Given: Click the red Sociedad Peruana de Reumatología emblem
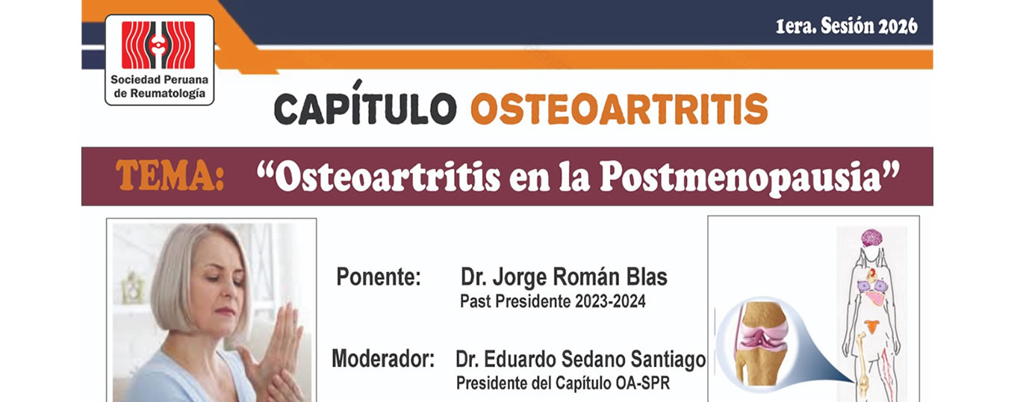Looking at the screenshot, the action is (x=158, y=45).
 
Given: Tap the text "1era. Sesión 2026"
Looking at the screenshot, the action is (x=847, y=26).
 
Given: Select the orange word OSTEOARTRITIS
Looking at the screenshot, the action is (x=619, y=108).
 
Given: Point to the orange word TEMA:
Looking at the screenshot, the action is (x=170, y=176).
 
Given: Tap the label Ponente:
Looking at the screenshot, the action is (x=379, y=276).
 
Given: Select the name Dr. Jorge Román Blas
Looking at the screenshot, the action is (x=564, y=277).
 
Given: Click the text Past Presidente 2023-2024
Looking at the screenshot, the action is (x=553, y=301).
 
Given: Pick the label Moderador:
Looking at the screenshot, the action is (x=383, y=359).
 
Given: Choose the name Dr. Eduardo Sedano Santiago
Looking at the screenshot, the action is (x=581, y=359).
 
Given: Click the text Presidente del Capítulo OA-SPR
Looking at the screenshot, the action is (x=563, y=383).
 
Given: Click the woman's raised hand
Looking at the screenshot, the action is (x=278, y=349).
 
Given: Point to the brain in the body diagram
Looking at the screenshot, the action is (x=871, y=238).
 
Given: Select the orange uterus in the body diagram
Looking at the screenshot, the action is (x=872, y=327).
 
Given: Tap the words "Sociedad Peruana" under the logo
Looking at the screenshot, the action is (x=159, y=80).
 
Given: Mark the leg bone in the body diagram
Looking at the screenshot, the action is (x=862, y=367).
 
